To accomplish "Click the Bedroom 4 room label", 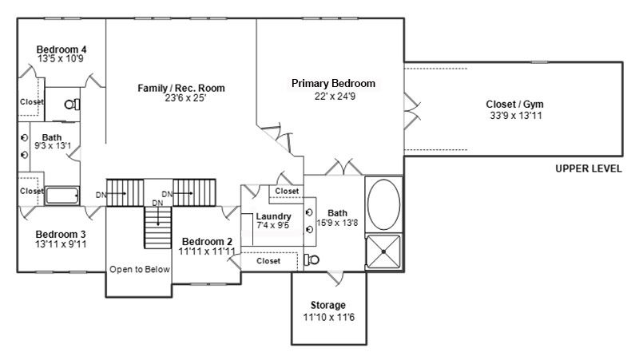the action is coord(62,49).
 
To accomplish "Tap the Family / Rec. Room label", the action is coord(181,88).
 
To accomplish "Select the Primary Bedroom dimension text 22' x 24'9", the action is coord(335,97).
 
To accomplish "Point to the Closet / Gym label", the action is coord(514,105).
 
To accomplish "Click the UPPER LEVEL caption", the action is coord(589,168).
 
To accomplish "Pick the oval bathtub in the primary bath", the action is coord(383,204).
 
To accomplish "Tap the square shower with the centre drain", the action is coord(383,251).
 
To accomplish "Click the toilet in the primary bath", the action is coord(312,259).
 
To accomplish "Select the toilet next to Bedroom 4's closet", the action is coord(72,105).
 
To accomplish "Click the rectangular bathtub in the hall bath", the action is coord(62,195).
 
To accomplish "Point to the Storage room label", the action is coord(328,305).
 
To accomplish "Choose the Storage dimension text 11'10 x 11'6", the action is coord(329,317).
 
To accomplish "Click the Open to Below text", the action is coord(140,269).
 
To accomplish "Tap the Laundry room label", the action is coord(273,216).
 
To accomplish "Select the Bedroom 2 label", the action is coord(207,242).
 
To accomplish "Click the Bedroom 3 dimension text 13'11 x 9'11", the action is coord(61,244).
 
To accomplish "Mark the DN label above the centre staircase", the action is coord(157,203).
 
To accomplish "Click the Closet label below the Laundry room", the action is coord(268,261).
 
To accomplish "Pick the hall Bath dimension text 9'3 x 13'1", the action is coord(53,146).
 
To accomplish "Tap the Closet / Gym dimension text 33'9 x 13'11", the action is coord(516,116).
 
